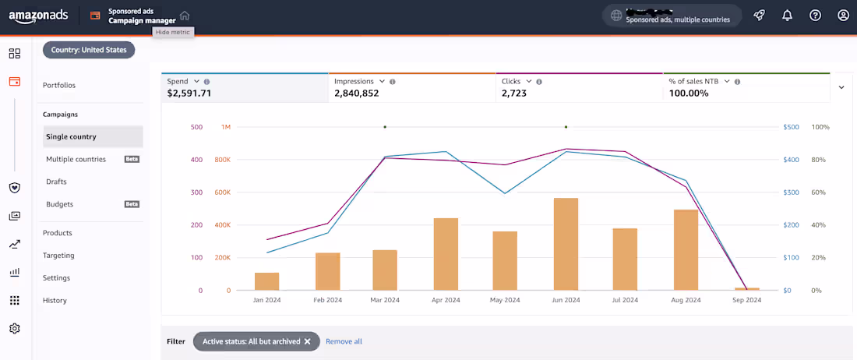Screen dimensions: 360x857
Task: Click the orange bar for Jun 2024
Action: [566, 244]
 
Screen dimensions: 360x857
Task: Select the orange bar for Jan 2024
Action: [266, 281]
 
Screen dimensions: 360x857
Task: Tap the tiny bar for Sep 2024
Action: [746, 289]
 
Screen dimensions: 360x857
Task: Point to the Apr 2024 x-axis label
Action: [446, 300]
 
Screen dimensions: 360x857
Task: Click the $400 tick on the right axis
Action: [792, 160]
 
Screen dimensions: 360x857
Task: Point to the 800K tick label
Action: [221, 160]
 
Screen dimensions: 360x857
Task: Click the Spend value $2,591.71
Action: [189, 94]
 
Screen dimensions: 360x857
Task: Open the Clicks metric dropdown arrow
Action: [529, 81]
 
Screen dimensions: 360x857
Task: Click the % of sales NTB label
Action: [693, 81]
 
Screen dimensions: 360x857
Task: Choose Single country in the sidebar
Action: [71, 137]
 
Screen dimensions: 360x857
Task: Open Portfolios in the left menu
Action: [59, 85]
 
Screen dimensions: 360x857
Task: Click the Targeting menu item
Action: [58, 256]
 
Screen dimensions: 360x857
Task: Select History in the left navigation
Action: [55, 301]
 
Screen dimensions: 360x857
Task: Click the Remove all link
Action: [344, 341]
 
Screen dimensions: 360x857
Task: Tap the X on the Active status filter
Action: [308, 341]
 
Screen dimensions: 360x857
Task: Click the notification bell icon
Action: [788, 16]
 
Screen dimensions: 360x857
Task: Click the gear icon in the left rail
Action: [14, 329]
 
